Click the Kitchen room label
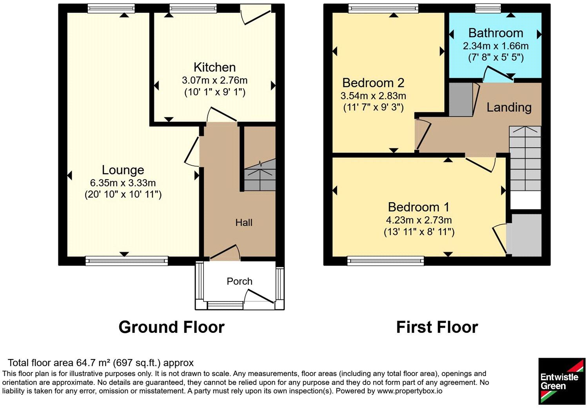[214, 67]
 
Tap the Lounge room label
[123, 170]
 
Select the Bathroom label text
[496, 33]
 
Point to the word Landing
[509, 108]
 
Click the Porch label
[240, 281]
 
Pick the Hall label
[244, 223]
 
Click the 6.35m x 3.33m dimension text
[123, 183]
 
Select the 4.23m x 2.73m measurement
[419, 220]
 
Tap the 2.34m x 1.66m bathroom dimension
[496, 46]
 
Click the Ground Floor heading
[172, 327]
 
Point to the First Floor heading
[437, 327]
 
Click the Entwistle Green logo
[562, 381]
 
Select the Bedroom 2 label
[373, 83]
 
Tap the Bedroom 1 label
[419, 207]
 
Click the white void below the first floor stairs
[526, 200]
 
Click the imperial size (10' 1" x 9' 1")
[214, 92]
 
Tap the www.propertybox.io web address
[410, 391]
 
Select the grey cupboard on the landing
[461, 100]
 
